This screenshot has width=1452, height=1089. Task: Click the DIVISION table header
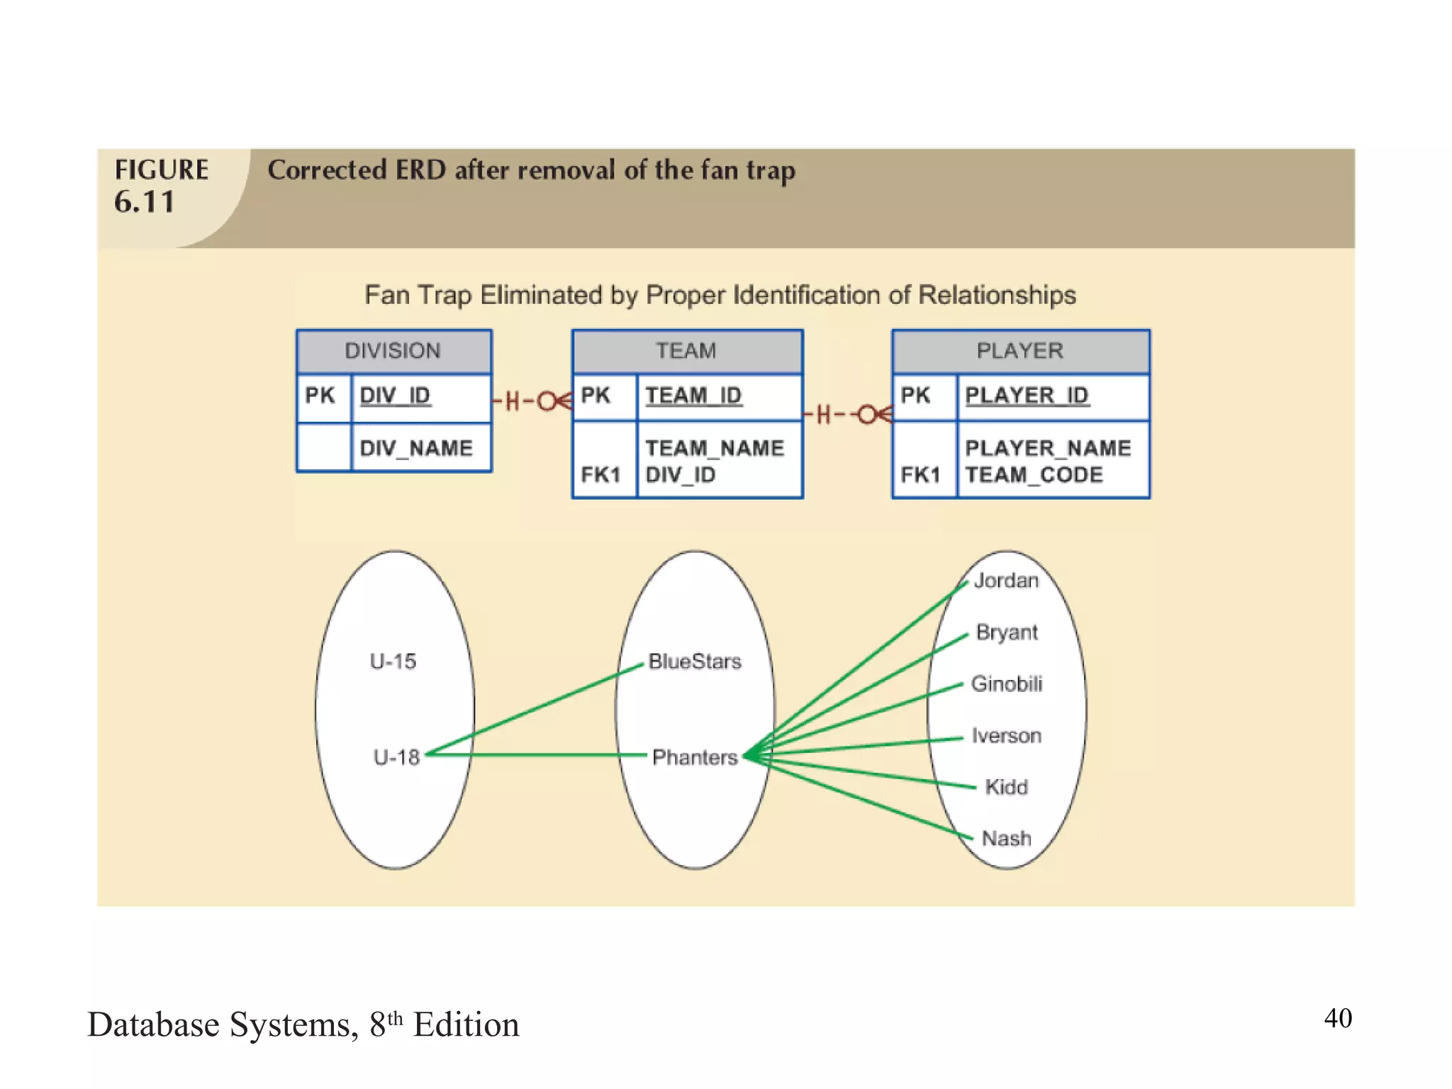(393, 351)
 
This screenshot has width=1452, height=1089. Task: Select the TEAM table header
(686, 351)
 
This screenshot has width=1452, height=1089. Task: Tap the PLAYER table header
(1020, 351)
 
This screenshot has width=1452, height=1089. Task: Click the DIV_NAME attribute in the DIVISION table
(416, 448)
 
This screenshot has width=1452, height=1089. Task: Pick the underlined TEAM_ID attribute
(693, 396)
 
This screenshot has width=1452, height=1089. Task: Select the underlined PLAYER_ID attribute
(1027, 396)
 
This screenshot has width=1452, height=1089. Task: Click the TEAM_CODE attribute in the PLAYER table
(1034, 475)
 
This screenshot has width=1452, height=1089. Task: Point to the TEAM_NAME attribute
(715, 448)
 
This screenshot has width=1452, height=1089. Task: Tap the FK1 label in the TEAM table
(601, 475)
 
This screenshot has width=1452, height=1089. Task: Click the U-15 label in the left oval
(393, 661)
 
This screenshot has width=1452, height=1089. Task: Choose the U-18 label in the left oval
(397, 757)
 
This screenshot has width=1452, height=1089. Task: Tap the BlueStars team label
(695, 661)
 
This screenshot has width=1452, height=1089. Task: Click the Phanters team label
(695, 757)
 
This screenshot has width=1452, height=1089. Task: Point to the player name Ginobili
(1006, 683)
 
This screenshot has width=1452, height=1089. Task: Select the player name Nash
(1006, 839)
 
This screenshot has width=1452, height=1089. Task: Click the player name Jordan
(1006, 581)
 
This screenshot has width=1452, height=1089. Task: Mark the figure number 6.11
(145, 203)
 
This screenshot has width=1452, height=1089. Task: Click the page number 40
(1338, 1018)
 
